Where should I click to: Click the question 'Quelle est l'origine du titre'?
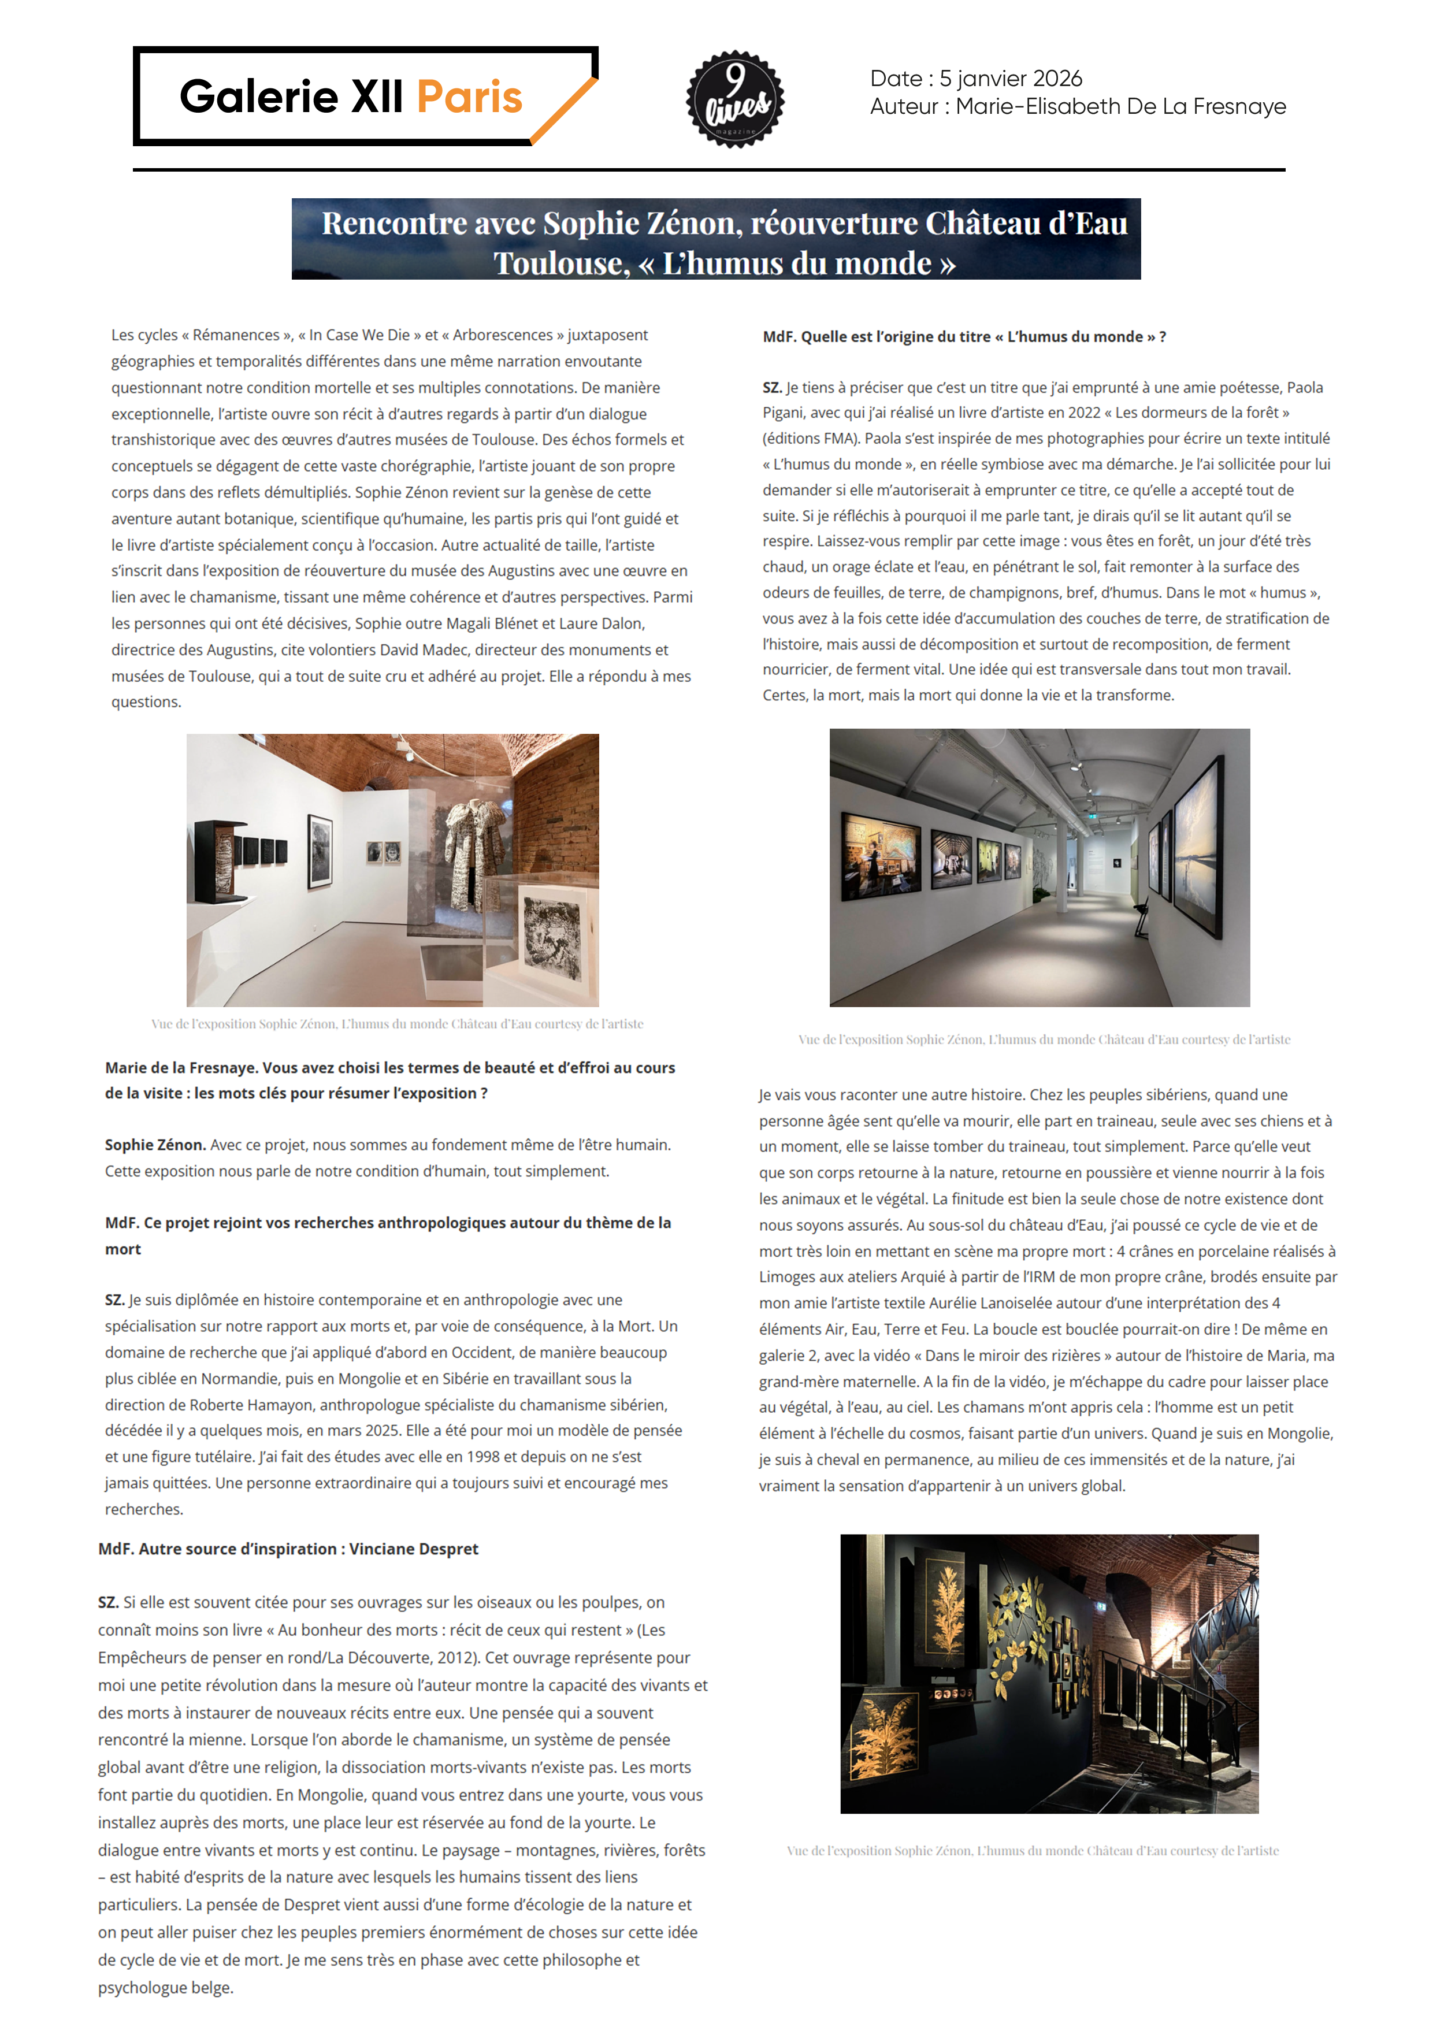pyautogui.click(x=964, y=336)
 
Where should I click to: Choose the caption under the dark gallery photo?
pyautogui.click(x=1032, y=1850)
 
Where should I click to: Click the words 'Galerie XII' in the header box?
pyautogui.click(x=291, y=97)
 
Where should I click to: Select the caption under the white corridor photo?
pyautogui.click(x=1044, y=1040)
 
